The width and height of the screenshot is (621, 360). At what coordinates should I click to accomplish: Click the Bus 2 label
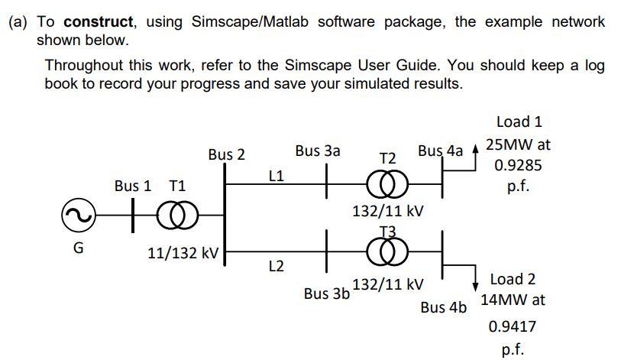click(x=226, y=154)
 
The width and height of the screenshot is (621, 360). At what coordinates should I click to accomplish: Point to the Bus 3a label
click(x=318, y=151)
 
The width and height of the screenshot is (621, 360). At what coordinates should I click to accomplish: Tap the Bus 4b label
click(x=443, y=308)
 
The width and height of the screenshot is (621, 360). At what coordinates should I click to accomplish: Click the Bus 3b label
click(x=326, y=293)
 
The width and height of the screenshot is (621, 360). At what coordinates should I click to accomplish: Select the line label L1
click(x=277, y=176)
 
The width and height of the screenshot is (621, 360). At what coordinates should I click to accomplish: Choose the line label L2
click(x=277, y=266)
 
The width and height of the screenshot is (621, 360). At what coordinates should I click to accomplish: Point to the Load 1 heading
click(x=519, y=122)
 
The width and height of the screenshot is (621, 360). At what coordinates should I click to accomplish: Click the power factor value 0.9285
click(x=519, y=164)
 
